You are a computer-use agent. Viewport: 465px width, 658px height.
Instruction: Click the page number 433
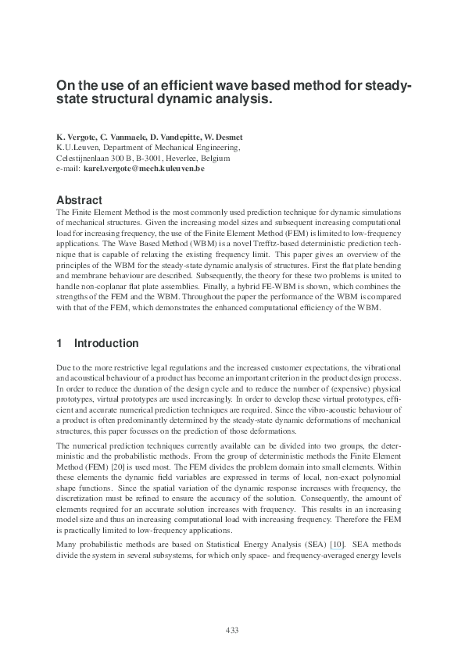click(x=231, y=631)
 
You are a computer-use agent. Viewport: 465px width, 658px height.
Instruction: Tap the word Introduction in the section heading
click(x=106, y=343)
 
